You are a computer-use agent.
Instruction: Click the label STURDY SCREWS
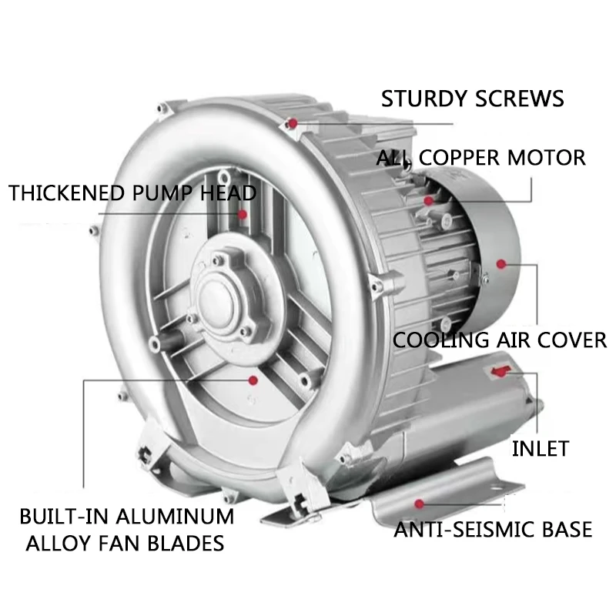click(473, 99)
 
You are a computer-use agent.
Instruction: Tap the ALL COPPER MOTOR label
click(481, 158)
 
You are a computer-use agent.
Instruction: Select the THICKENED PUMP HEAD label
click(132, 192)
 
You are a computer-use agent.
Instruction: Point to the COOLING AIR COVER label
click(500, 340)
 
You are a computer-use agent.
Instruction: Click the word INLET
click(541, 448)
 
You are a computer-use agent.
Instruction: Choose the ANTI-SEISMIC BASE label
click(494, 530)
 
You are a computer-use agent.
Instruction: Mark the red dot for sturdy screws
click(293, 122)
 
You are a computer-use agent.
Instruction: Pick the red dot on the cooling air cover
click(501, 264)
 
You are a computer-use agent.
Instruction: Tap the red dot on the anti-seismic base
click(419, 503)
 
